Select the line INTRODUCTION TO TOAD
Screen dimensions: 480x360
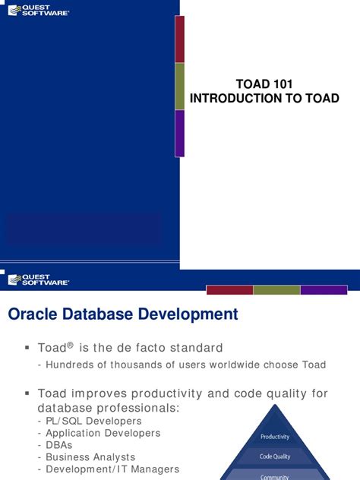coord(264,99)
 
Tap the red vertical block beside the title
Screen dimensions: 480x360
coord(180,39)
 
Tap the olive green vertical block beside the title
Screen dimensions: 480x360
coord(180,86)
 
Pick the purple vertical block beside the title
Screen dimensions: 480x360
coord(180,133)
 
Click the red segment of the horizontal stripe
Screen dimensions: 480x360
coord(229,289)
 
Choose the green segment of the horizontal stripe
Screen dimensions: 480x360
coord(276,289)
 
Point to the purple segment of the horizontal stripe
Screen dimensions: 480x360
coord(323,289)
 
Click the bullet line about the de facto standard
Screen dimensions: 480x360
coord(131,348)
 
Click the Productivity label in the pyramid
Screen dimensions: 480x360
coord(275,437)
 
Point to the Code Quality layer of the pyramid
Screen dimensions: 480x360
coord(275,456)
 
